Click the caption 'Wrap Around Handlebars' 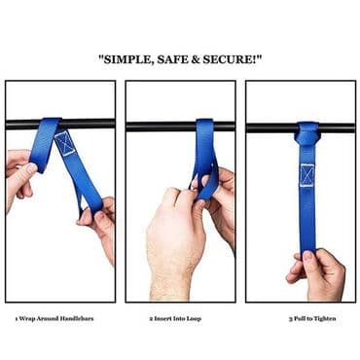(56, 318)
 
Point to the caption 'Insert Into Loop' (177, 318)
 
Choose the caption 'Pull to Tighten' (314, 318)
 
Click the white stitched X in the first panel (64, 143)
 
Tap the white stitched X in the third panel (306, 175)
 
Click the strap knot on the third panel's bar (306, 133)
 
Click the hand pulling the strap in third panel (318, 274)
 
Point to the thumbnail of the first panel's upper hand (32, 168)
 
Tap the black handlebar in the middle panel (181, 126)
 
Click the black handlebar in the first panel (60, 125)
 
